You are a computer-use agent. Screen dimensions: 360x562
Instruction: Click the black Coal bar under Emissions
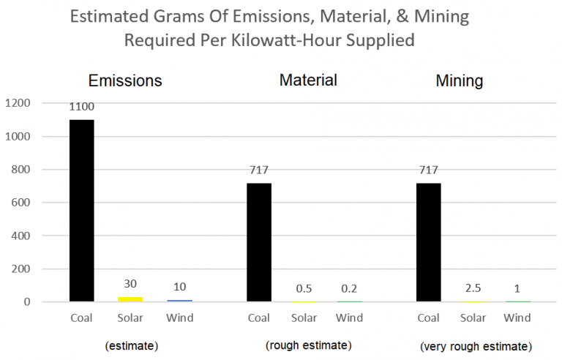[81, 211]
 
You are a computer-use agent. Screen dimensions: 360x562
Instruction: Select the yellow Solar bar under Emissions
[130, 299]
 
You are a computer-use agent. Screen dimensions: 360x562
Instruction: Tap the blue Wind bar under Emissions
[179, 300]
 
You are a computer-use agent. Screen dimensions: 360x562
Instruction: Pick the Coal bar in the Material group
[259, 242]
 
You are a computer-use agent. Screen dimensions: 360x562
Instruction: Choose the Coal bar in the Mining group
[428, 242]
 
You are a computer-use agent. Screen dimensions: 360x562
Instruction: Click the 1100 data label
[81, 107]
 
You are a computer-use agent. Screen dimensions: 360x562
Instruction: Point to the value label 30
[130, 283]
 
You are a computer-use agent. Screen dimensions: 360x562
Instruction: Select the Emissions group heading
[125, 80]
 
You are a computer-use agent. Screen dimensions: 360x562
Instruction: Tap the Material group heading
[308, 80]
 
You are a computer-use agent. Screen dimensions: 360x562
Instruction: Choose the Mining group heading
[459, 80]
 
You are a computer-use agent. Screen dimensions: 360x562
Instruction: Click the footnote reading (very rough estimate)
[476, 346]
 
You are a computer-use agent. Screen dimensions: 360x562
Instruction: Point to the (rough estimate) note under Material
[308, 345]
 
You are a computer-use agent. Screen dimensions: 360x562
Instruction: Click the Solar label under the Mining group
[473, 318]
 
